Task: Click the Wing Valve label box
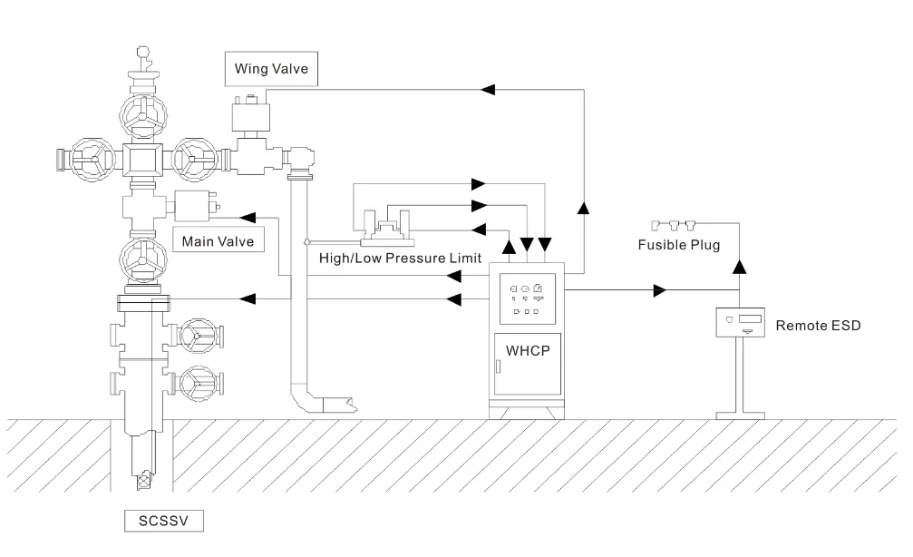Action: point(271,68)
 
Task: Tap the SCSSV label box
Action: point(163,522)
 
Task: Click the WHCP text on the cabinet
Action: point(528,348)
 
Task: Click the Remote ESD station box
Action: point(743,322)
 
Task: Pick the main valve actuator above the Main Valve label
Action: point(192,208)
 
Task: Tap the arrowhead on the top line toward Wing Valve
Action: point(488,88)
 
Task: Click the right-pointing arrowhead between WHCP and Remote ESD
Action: point(660,290)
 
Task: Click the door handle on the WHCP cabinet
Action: point(498,366)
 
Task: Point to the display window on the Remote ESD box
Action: point(748,318)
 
